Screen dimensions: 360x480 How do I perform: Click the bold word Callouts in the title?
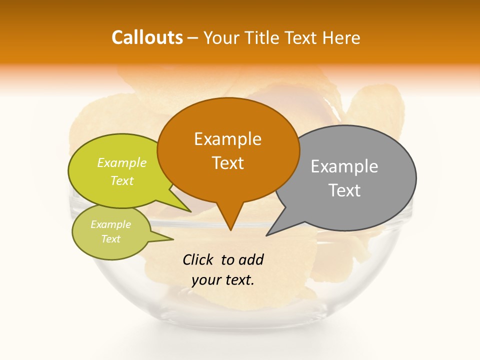pos(147,37)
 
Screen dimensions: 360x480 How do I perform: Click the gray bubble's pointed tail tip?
pos(268,234)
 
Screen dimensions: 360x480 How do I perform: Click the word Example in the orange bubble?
pos(227,139)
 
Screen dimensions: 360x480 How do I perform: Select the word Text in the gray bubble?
pos(345,190)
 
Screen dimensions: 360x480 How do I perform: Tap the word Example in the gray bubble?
pos(344,166)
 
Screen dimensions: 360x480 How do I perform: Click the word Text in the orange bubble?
pos(228,163)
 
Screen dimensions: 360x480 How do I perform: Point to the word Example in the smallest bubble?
pos(110,225)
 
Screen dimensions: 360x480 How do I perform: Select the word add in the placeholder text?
pos(251,259)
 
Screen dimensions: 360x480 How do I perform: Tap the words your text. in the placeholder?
pos(223,280)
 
